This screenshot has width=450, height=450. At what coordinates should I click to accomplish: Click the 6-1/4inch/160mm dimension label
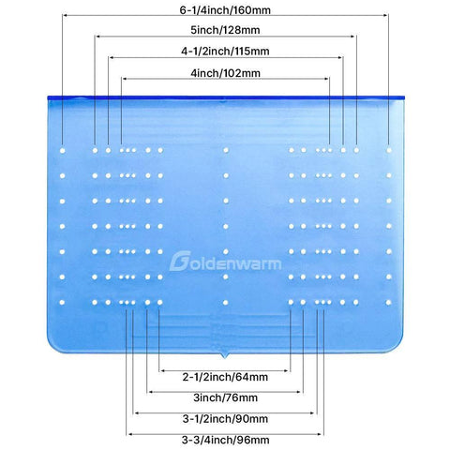pyautogui.click(x=225, y=10)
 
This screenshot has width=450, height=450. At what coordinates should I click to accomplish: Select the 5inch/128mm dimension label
pyautogui.click(x=225, y=30)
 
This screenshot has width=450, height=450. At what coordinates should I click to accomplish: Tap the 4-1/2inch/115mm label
pyautogui.click(x=225, y=51)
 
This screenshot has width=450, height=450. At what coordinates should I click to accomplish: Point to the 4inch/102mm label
pyautogui.click(x=225, y=73)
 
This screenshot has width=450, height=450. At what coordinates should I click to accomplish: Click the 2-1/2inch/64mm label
pyautogui.click(x=225, y=377)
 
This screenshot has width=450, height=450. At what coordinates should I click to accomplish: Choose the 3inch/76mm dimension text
pyautogui.click(x=225, y=397)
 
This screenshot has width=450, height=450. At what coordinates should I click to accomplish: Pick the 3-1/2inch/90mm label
pyautogui.click(x=225, y=418)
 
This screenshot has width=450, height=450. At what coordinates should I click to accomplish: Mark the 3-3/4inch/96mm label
pyautogui.click(x=225, y=440)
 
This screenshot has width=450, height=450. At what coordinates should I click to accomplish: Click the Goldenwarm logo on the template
pyautogui.click(x=225, y=261)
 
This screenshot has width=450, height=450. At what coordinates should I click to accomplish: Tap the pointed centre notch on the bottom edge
pyautogui.click(x=224, y=357)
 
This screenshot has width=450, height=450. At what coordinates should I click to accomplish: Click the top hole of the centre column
pyautogui.click(x=226, y=150)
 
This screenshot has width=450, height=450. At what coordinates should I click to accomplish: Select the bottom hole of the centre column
pyautogui.click(x=226, y=303)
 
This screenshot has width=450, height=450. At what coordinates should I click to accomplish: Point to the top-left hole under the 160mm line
pyautogui.click(x=63, y=151)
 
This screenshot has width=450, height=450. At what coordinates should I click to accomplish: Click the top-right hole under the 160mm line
pyautogui.click(x=389, y=150)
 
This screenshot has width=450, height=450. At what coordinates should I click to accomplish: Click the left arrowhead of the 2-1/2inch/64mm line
pyautogui.click(x=162, y=371)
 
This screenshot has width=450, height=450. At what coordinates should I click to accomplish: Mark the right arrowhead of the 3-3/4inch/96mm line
pyautogui.click(x=319, y=434)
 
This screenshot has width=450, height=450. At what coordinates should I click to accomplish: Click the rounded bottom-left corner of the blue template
pyautogui.click(x=53, y=347)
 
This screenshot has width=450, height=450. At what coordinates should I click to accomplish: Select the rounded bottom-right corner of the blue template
pyautogui.click(x=397, y=347)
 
